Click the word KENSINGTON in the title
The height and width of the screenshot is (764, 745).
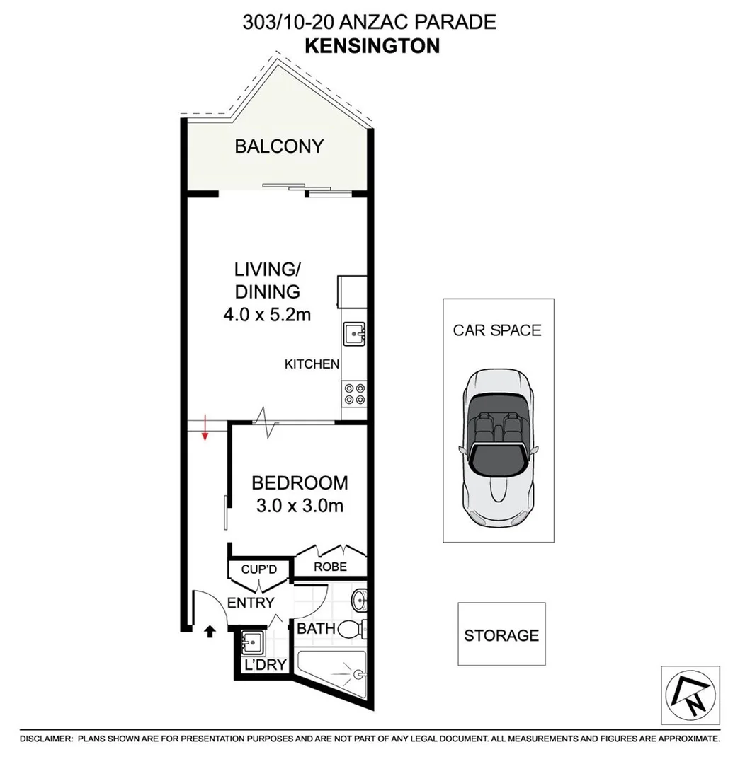pyautogui.click(x=372, y=45)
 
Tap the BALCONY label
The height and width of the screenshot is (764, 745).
pyautogui.click(x=279, y=146)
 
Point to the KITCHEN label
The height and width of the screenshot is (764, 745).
pyautogui.click(x=312, y=364)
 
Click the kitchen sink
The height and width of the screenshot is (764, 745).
pyautogui.click(x=353, y=334)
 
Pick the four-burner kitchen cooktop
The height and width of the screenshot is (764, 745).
pyautogui.click(x=354, y=393)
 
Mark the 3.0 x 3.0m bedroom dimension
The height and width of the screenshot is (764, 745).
pyautogui.click(x=300, y=507)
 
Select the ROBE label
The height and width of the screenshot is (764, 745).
pyautogui.click(x=330, y=567)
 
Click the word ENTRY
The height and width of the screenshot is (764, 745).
pyautogui.click(x=250, y=603)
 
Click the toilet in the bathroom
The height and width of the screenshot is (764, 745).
pyautogui.click(x=353, y=629)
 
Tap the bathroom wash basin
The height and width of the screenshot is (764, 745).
pyautogui.click(x=360, y=602)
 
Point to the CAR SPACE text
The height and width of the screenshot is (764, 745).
pyautogui.click(x=497, y=330)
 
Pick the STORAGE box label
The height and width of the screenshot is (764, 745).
pyautogui.click(x=501, y=635)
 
